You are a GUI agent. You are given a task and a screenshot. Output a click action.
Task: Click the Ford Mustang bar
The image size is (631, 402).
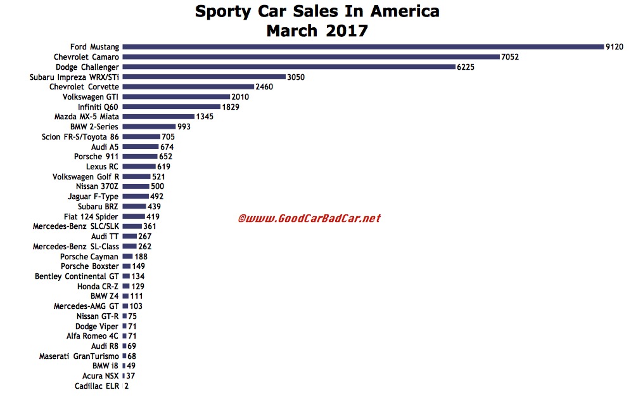[x=362, y=46]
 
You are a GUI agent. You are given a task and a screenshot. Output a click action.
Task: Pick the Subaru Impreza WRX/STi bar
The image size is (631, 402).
[x=203, y=77]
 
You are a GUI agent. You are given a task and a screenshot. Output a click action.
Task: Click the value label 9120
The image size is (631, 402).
[x=615, y=46]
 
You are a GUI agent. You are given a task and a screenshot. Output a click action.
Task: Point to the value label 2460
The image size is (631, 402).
[x=264, y=87]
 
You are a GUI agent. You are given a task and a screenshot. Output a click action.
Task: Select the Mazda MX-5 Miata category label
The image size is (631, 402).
[x=86, y=117]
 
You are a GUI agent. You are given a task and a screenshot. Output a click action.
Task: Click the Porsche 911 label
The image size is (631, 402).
[x=96, y=157]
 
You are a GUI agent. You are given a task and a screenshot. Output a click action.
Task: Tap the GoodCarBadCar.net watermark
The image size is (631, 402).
[x=309, y=219]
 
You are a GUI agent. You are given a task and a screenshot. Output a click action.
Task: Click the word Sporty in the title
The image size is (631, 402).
[x=222, y=11]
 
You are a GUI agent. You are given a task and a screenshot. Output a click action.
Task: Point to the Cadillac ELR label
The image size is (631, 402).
[x=96, y=386]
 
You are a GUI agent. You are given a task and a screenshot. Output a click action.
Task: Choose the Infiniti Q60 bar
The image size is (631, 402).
[x=171, y=107]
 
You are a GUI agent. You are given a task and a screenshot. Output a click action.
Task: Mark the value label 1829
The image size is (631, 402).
[x=231, y=107]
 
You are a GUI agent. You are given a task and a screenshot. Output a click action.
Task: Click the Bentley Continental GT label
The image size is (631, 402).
[x=77, y=276]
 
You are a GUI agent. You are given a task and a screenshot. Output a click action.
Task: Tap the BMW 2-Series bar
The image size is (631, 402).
[x=149, y=127]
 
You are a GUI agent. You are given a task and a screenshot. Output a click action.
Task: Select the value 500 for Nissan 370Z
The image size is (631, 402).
[x=158, y=186]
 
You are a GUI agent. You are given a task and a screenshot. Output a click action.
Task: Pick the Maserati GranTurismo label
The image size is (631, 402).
[x=79, y=356]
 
